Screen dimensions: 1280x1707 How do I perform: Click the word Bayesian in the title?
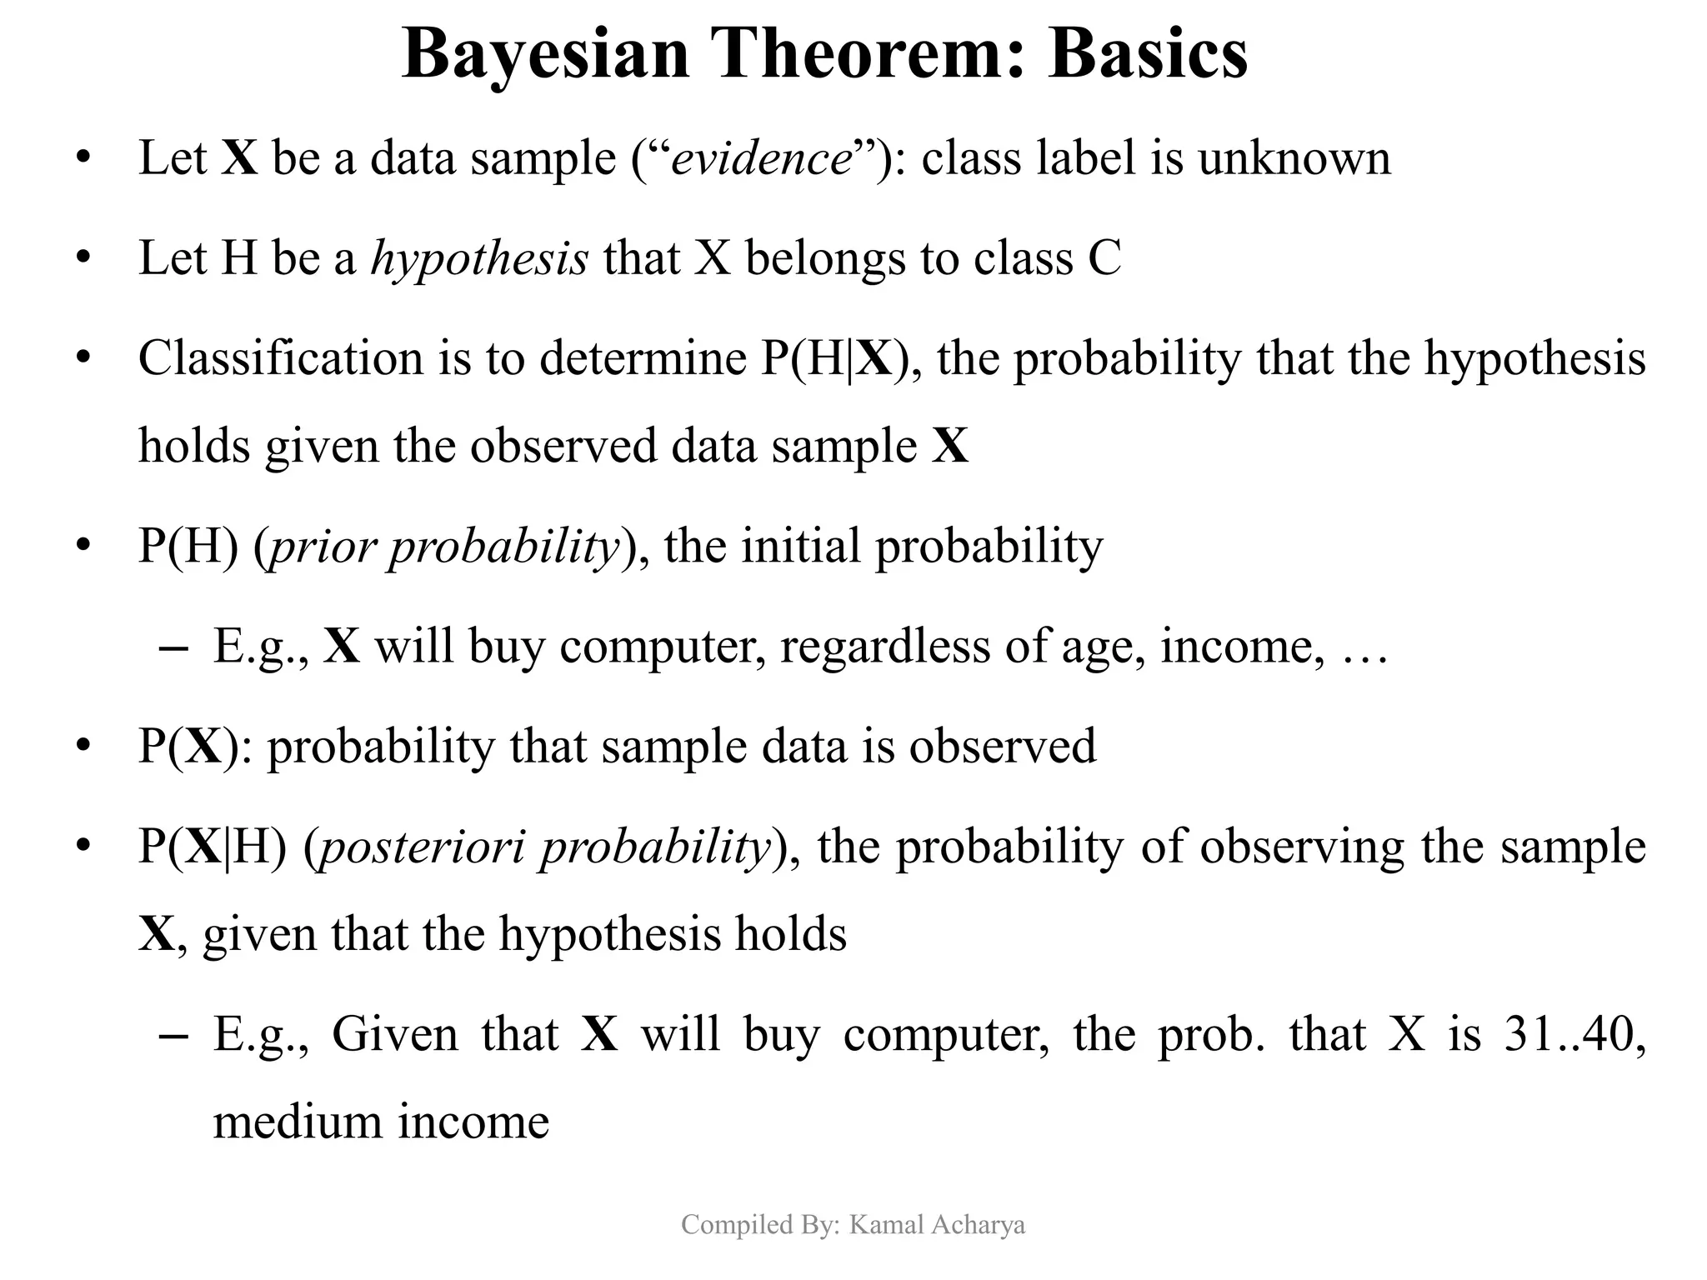[545, 55]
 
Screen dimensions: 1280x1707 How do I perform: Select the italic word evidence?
[761, 158]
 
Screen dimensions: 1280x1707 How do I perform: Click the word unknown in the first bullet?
[1294, 158]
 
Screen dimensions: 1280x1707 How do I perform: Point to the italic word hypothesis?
[479, 258]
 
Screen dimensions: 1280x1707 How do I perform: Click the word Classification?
[281, 358]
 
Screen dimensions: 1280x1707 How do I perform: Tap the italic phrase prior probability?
[445, 547]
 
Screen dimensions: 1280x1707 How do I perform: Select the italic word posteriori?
[423, 847]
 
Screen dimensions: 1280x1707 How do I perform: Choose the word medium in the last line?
[297, 1122]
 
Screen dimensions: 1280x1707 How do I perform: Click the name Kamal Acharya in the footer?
[937, 1224]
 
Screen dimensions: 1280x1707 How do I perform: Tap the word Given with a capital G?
[394, 1034]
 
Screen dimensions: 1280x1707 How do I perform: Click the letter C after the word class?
[1104, 258]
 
